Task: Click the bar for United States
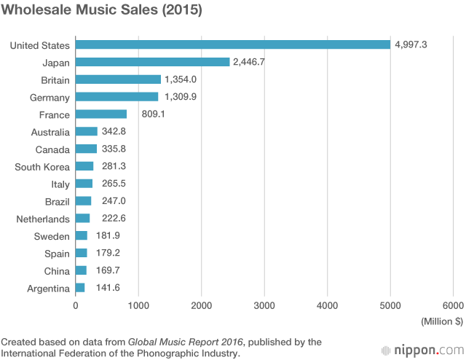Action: [233, 44]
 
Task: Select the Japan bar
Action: [153, 62]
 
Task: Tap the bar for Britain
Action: [118, 79]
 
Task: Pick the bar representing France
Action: [101, 114]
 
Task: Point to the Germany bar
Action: [116, 97]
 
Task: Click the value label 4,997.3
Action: [411, 45]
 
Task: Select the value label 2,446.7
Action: [249, 63]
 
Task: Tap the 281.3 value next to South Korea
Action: [115, 167]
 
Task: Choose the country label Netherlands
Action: [43, 219]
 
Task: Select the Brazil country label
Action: [55, 202]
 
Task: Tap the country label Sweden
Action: [52, 236]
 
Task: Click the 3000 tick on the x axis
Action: [264, 306]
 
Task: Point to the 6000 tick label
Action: [453, 306]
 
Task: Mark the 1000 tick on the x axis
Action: [138, 306]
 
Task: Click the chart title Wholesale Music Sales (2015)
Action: [101, 12]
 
